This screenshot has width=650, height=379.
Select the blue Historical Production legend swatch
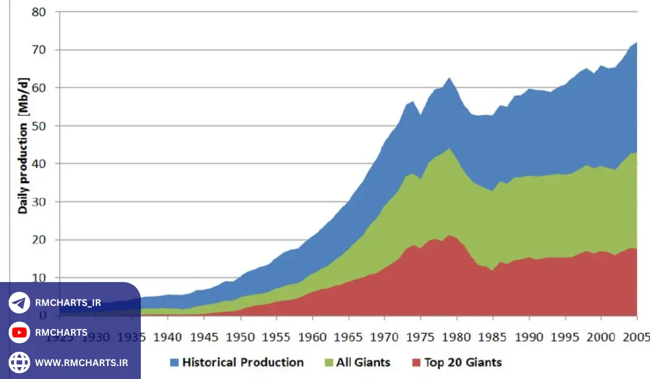(x=174, y=362)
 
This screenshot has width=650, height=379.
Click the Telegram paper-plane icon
(x=19, y=303)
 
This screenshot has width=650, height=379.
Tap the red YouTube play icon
(x=19, y=332)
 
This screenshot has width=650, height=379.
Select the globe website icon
(x=19, y=362)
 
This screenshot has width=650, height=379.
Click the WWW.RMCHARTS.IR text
(x=82, y=362)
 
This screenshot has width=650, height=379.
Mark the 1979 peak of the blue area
(x=449, y=78)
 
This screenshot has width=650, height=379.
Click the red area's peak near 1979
(x=449, y=235)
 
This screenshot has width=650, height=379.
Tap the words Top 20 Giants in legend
(x=463, y=362)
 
